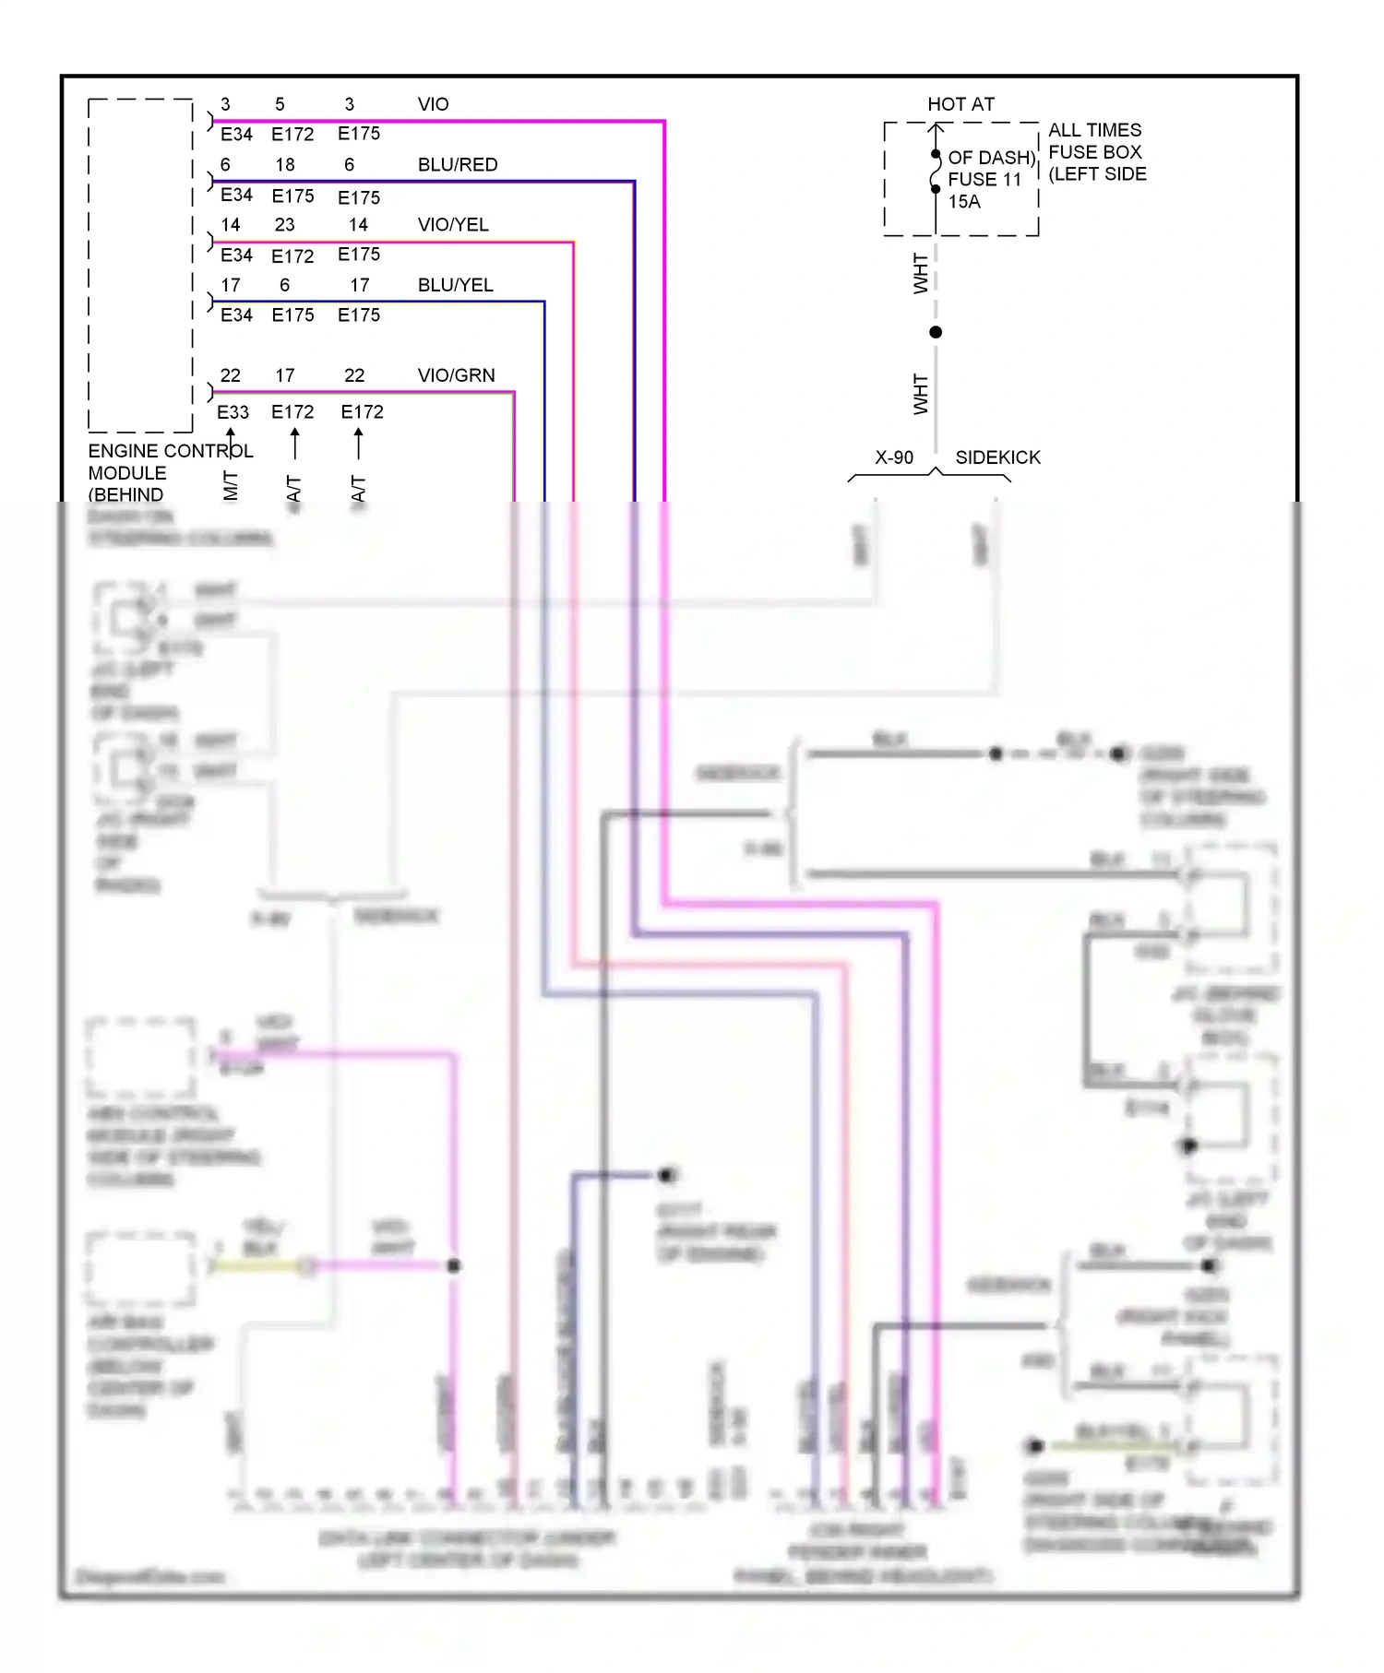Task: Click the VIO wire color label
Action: coord(433,104)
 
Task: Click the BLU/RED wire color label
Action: coord(457,165)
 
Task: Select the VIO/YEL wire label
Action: coord(452,225)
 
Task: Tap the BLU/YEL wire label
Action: coord(455,285)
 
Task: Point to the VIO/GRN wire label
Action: coord(456,375)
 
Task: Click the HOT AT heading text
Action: coord(960,104)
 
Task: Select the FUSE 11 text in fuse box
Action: coord(984,180)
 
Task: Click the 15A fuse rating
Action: coord(964,202)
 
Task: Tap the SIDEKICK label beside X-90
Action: coord(997,457)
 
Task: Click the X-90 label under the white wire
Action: coord(893,457)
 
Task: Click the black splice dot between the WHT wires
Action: coord(936,332)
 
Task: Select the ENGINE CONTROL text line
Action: coord(170,451)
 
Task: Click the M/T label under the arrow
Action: coord(231,485)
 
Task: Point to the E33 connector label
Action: coord(233,412)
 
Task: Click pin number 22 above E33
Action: coord(230,375)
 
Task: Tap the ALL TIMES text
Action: coord(1094,130)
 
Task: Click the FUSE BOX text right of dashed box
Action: coord(1094,152)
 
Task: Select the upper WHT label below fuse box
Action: coord(920,274)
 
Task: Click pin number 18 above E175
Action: coord(285,165)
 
